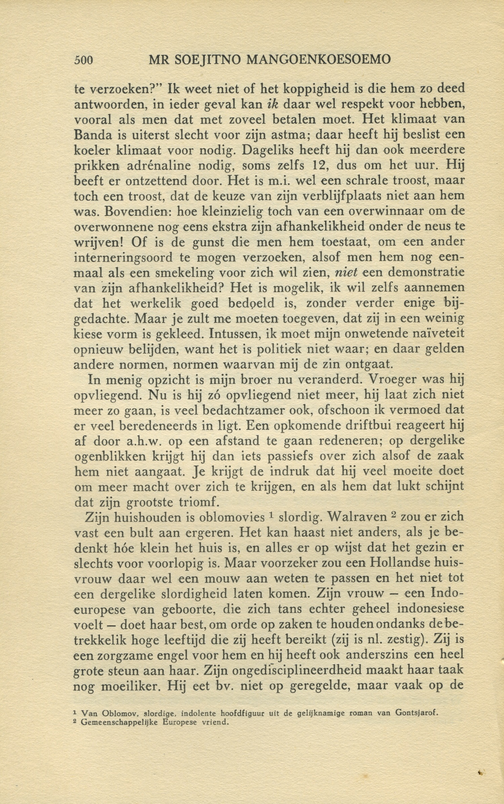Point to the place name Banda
coord(90,135)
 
